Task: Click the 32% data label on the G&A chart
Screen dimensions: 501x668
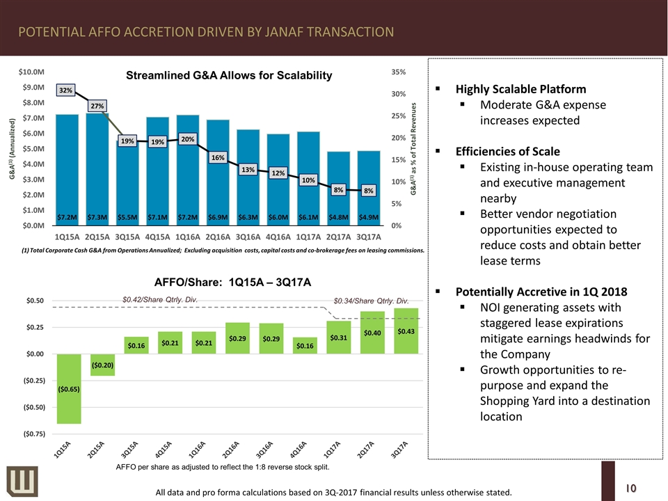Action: (66, 90)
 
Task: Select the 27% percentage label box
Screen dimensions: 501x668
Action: (97, 106)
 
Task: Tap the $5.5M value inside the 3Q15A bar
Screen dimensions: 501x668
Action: (127, 216)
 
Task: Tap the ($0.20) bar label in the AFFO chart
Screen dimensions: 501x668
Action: (102, 365)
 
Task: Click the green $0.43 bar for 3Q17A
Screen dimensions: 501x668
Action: (405, 331)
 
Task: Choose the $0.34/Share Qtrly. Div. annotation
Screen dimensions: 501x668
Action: (371, 301)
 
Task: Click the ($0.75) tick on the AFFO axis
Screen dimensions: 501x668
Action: (31, 434)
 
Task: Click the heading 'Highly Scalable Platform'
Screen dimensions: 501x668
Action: (520, 89)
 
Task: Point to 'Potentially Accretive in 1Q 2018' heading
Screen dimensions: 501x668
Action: (541, 291)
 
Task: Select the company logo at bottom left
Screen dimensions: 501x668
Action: (17, 481)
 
